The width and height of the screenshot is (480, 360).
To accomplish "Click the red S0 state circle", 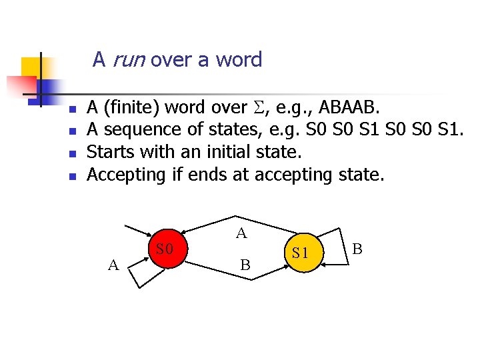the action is [x=165, y=250].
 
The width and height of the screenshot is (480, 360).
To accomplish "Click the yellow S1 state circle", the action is [x=300, y=253].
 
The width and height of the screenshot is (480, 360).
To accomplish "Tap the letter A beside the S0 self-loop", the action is [x=113, y=265].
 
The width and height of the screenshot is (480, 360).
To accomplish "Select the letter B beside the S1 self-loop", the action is [x=357, y=249].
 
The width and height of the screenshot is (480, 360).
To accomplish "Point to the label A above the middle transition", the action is [x=241, y=233].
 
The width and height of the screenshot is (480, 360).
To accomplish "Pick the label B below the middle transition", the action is [x=245, y=265].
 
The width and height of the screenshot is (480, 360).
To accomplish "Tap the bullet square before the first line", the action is [x=74, y=109].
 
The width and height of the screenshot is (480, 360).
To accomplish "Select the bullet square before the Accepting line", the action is [x=74, y=177].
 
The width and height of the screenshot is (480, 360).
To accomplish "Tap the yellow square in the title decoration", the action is [x=31, y=67].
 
